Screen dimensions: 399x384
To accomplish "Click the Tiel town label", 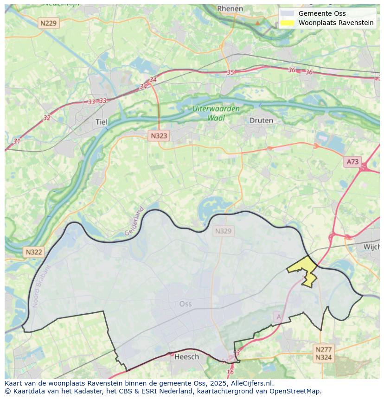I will coord(101,122).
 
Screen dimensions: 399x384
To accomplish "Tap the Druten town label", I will coord(261,120).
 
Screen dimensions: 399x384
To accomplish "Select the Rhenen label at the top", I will coord(230,8).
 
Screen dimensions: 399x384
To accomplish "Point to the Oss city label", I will coord(185,304).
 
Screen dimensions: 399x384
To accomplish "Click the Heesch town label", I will coord(186,356).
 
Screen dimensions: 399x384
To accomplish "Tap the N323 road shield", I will coord(159,136).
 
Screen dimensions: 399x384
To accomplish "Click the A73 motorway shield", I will coord(352,161).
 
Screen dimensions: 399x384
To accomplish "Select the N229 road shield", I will coord(49,23).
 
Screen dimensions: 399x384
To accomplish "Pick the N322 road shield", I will coord(34,252).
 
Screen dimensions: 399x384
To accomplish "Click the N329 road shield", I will coord(223,231).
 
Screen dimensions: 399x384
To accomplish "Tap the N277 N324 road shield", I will coord(323,354).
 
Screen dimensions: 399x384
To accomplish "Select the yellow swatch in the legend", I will coord(288,23).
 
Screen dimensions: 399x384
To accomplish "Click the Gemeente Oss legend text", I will coord(322,13).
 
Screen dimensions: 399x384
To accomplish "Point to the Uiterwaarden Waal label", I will coord(216,114).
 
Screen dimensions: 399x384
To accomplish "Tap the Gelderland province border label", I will coord(134,222).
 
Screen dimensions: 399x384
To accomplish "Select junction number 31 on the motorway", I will coord(17,141).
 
